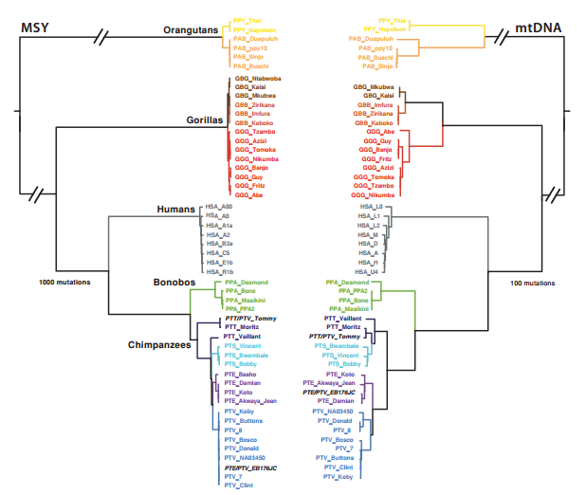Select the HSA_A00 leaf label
pyautogui.click(x=219, y=207)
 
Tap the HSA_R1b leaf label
pyautogui.click(x=219, y=271)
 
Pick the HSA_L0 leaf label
pyautogui.click(x=371, y=207)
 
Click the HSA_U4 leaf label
pyautogui.click(x=371, y=271)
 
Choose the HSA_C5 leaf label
pyautogui.click(x=218, y=253)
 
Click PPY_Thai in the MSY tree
pyautogui.click(x=248, y=20)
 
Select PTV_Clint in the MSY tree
pyautogui.click(x=239, y=485)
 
